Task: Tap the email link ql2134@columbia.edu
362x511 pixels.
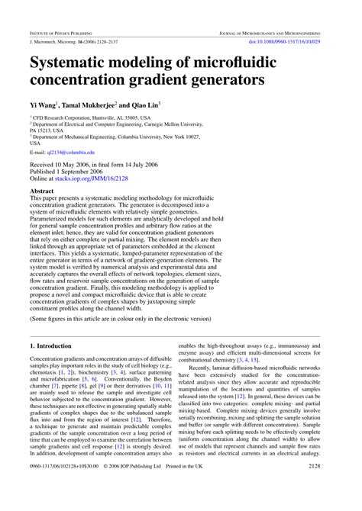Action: [69, 152]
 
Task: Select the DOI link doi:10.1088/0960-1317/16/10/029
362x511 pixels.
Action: [296, 43]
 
